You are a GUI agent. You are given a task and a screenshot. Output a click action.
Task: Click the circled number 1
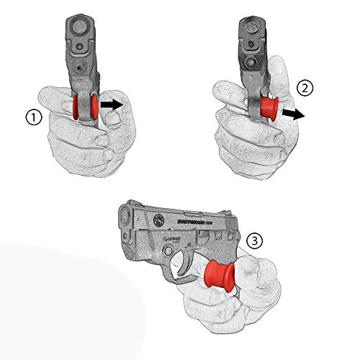32,117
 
